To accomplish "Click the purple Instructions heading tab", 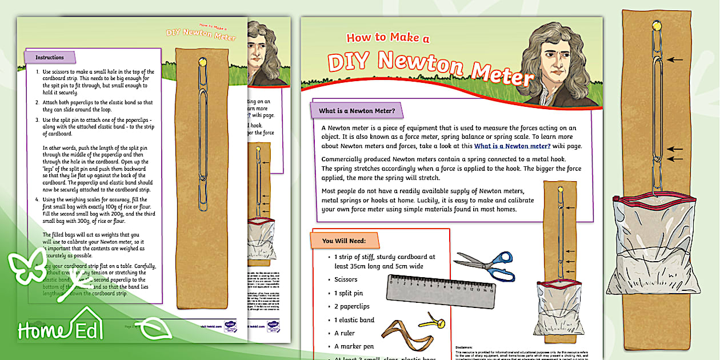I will [50, 57].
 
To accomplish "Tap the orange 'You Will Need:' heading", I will [344, 241].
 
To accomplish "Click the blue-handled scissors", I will [485, 265].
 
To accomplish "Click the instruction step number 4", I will [37, 198].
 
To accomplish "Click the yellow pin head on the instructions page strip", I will [202, 61].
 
